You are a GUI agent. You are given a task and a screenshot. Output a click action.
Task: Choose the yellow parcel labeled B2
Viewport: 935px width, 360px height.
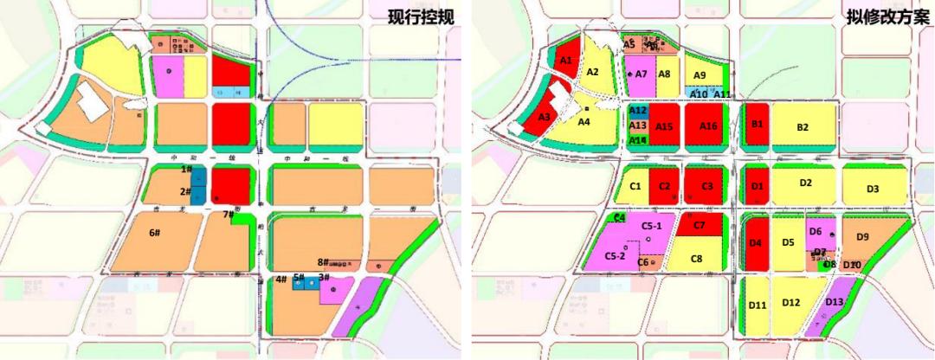pos(803,127)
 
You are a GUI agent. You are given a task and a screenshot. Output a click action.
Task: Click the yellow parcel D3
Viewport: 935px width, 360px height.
pos(873,189)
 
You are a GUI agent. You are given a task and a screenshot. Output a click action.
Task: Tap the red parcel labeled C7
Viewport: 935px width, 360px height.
pos(700,226)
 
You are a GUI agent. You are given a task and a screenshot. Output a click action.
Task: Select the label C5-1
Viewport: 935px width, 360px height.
pos(652,226)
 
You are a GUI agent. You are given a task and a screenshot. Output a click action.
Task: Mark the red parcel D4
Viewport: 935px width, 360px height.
pos(756,243)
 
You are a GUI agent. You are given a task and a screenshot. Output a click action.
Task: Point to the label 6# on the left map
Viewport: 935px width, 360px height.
pos(156,232)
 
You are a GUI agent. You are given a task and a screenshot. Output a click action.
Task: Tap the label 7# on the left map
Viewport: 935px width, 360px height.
pos(229,214)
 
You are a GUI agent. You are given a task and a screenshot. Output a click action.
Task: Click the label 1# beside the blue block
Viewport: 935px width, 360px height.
pos(185,170)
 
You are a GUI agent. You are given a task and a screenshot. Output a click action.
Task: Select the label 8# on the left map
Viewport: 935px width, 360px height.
pos(322,261)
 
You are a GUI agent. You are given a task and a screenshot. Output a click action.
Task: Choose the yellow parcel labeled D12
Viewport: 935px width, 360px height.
pos(791,303)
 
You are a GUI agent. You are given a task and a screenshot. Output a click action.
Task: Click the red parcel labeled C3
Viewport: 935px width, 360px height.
pos(707,186)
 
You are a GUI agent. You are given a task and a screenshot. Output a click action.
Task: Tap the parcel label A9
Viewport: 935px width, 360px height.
pos(700,76)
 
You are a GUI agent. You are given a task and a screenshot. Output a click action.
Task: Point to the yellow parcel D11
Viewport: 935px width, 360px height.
pos(758,305)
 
